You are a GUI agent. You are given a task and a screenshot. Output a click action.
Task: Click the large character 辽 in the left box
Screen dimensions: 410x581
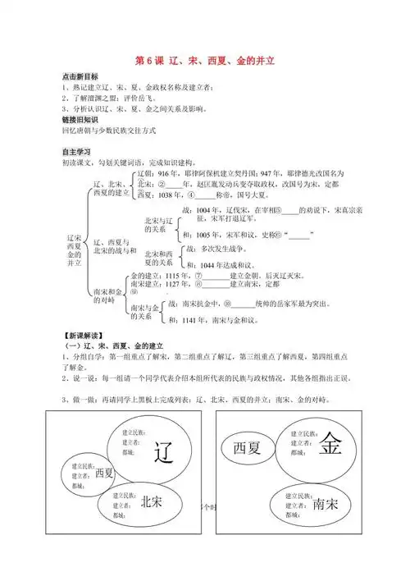pyautogui.click(x=165, y=451)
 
